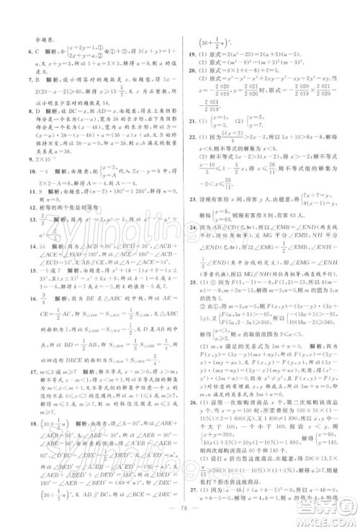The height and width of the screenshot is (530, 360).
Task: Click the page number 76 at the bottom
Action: tap(180, 513)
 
